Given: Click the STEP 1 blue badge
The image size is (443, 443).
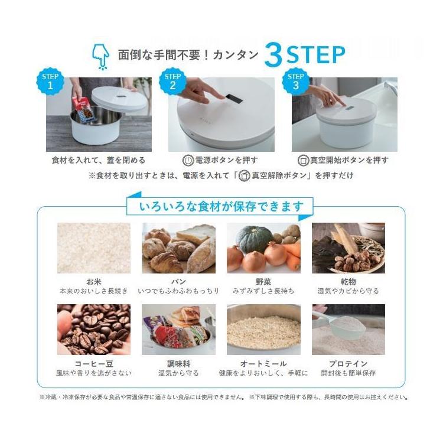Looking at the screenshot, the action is point(50,82).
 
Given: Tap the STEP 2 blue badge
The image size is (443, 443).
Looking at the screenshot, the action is point(172,82).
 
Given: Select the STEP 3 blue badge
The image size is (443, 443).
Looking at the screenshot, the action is point(295,82).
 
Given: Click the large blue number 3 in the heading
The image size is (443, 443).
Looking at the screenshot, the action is point(273,56).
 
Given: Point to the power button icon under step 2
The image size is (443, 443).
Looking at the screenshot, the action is point(188,161).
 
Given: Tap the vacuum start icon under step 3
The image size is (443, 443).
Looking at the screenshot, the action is point(304,161).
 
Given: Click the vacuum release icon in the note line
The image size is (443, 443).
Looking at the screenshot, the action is point(244,176).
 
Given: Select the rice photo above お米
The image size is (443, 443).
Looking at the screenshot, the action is point(94,248).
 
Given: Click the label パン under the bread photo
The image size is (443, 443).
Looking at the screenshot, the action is point(178,282).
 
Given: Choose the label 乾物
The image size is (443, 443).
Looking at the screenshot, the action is point(348,282).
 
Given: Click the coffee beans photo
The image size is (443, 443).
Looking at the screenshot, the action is point(94,330).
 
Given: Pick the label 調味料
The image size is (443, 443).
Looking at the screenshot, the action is point(178,364).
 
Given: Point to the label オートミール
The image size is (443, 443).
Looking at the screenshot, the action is point(263,364).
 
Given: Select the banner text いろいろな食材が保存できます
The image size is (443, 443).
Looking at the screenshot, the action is point(221,207).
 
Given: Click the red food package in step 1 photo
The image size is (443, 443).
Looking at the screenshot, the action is point(82,109).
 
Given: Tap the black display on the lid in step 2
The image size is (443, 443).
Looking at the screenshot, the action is point(234,98).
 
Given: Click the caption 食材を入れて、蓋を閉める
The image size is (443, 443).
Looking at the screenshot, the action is point(99,161).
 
